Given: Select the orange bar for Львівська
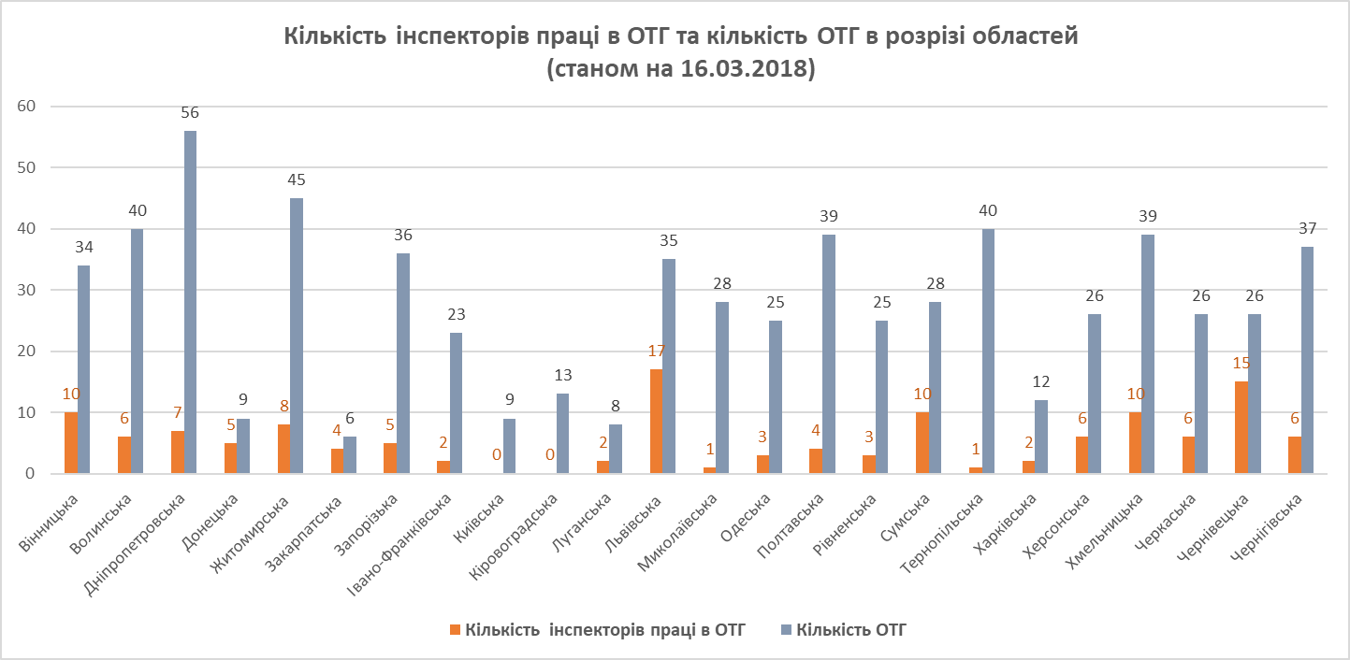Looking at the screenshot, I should [656, 422].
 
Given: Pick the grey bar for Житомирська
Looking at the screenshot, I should [297, 336].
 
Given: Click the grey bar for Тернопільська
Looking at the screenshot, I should [988, 351].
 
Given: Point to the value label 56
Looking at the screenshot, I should [190, 113].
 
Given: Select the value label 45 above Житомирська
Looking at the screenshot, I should [297, 180].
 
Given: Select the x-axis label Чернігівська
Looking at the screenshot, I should [1270, 519].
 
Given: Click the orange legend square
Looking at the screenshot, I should [455, 630].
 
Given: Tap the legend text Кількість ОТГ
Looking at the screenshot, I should [851, 630].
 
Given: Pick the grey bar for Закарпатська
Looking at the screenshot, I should [350, 455].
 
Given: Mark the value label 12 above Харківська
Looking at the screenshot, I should [1041, 382].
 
